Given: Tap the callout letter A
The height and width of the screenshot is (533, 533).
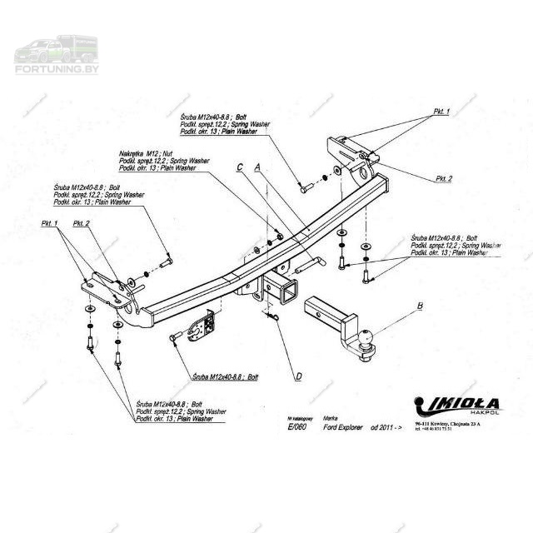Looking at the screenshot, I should [x=257, y=167].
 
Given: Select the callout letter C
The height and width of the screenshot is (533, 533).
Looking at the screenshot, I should [x=240, y=167].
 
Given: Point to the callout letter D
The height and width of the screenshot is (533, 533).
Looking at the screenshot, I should [x=298, y=376].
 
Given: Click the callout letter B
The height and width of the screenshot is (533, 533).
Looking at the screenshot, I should [x=420, y=306].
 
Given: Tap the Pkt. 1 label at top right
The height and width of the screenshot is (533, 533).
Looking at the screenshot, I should [x=441, y=112].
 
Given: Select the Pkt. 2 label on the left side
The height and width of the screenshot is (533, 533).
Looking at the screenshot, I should [x=81, y=223].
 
